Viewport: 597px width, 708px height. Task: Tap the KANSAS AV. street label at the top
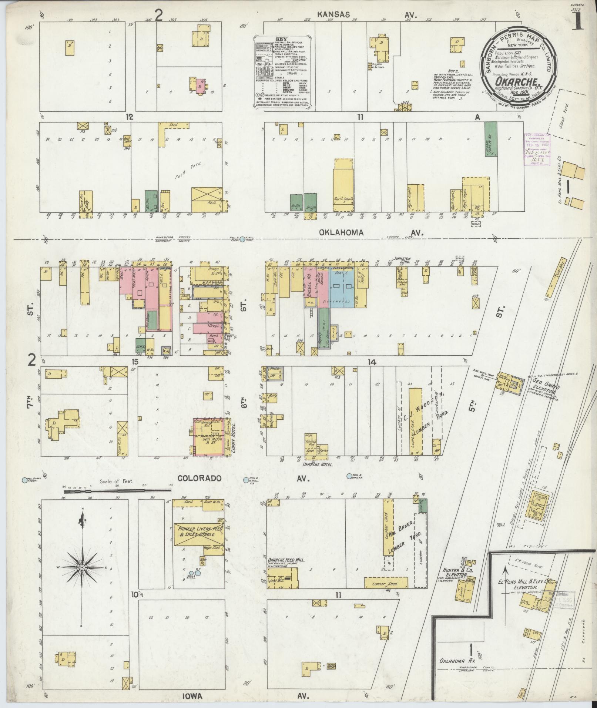pos(366,15)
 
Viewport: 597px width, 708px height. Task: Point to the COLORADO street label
pos(199,478)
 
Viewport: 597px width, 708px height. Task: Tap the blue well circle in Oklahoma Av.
pos(242,239)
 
